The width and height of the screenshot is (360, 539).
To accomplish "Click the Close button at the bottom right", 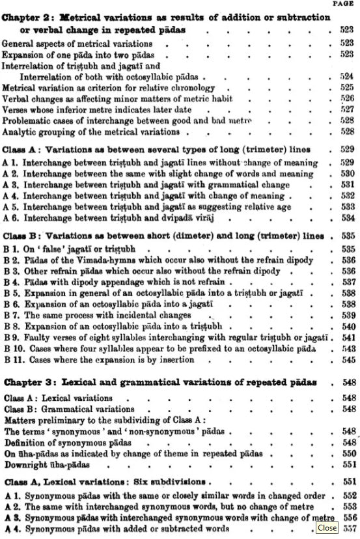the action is tap(327, 528).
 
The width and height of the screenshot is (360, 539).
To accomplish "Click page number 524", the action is tap(346, 76).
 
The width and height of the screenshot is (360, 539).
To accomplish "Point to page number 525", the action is tap(346, 87).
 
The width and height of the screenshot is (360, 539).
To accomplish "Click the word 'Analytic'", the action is tap(21, 131).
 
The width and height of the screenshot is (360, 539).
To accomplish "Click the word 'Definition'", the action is tap(25, 442).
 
